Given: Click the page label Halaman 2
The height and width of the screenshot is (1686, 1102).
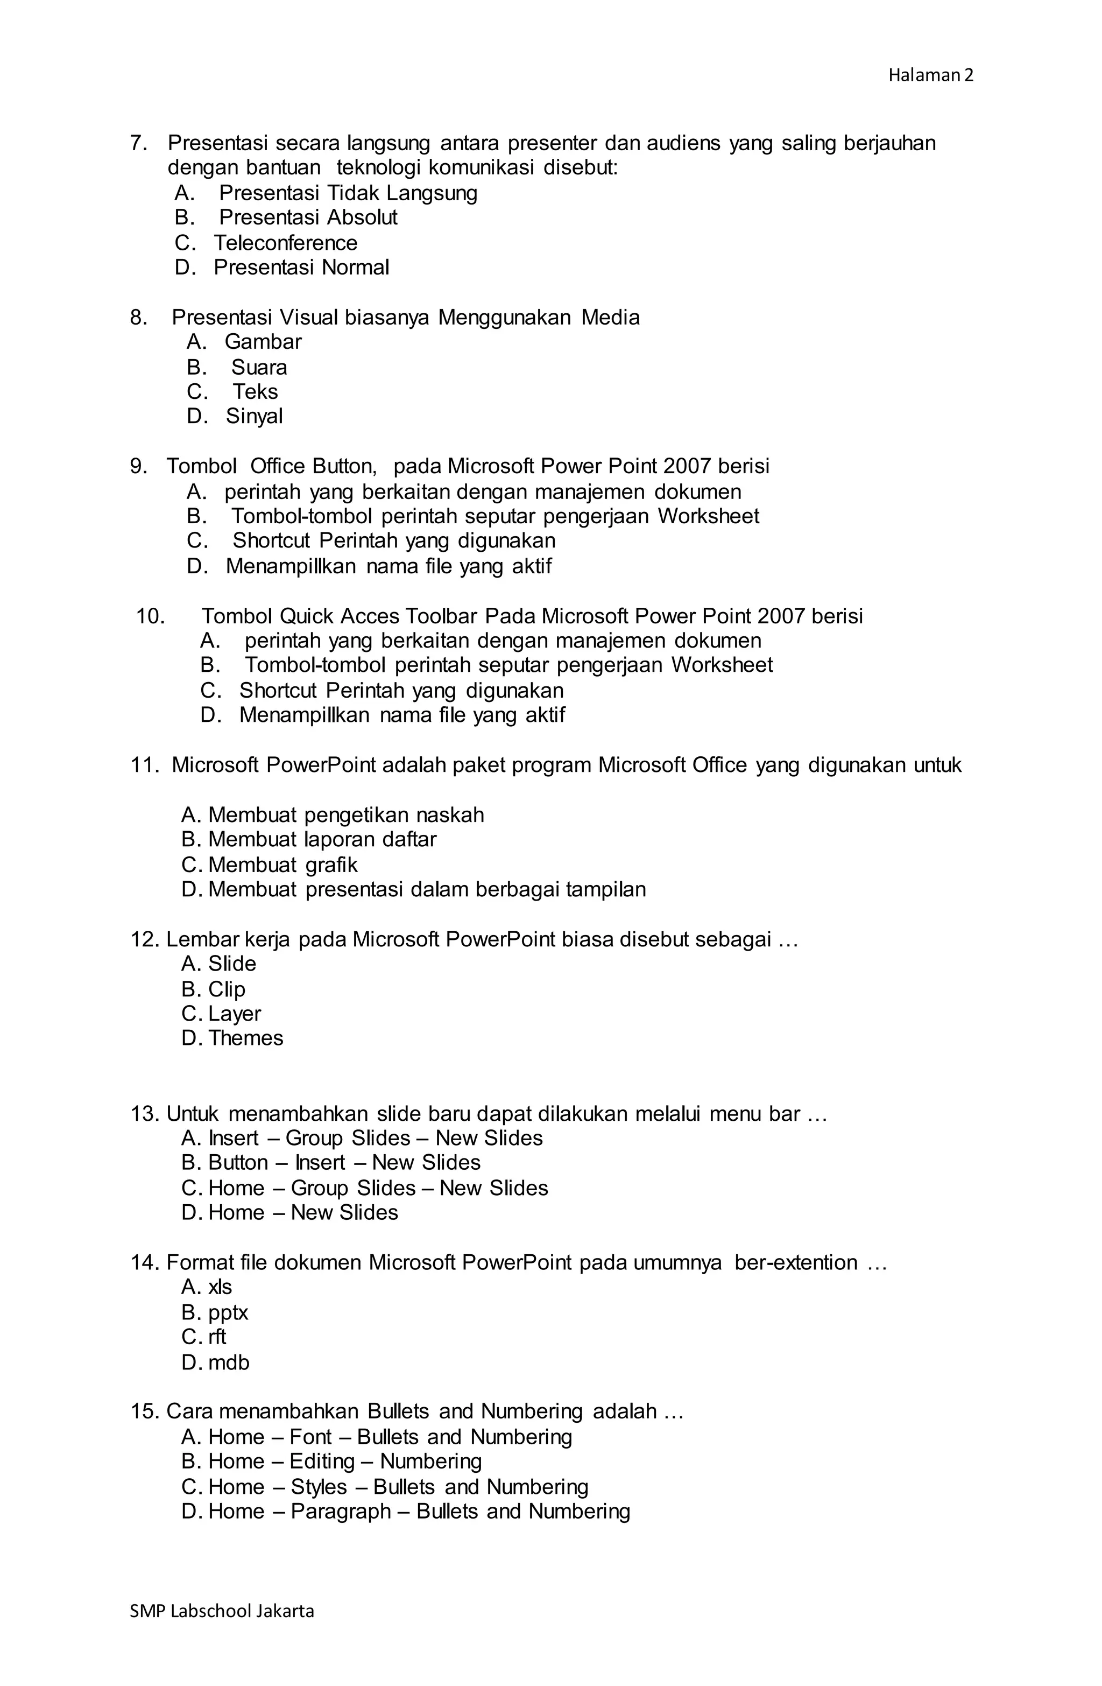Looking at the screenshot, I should [x=930, y=75].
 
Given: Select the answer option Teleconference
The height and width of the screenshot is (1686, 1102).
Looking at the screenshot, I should [x=285, y=243].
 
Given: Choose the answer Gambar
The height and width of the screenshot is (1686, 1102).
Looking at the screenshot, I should [x=263, y=341].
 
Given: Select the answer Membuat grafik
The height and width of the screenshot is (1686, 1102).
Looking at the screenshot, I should [x=282, y=865].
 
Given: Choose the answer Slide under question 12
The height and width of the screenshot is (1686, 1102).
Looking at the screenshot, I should [x=231, y=964].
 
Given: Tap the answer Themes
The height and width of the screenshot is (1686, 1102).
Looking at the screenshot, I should [x=245, y=1038].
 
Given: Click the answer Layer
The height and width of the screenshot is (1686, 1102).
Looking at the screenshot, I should [x=235, y=1013].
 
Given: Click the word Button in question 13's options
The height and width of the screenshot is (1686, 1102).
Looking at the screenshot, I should [x=237, y=1163].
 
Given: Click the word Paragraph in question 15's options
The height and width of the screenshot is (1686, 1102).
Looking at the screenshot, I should [x=340, y=1511].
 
